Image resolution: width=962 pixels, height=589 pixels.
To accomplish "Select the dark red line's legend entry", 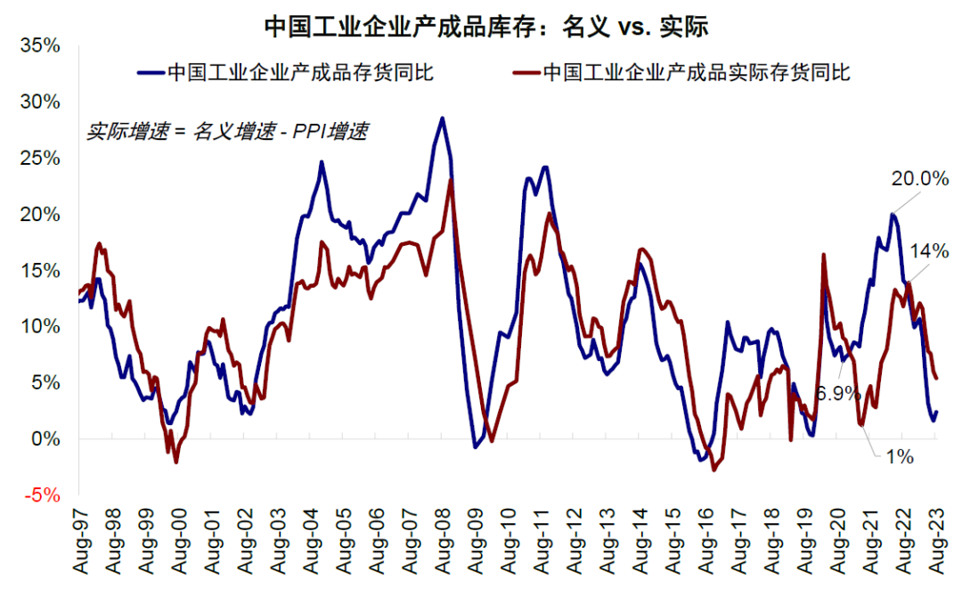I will click(x=685, y=72).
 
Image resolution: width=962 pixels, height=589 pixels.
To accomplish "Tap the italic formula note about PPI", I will click(x=227, y=131).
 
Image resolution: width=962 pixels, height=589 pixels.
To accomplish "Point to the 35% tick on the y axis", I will click(x=40, y=45).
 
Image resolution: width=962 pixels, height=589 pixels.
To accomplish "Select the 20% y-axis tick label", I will click(x=40, y=215).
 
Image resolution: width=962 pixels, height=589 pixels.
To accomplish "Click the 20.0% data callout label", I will click(x=918, y=178).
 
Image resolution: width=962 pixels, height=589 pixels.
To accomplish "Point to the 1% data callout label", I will click(x=900, y=457).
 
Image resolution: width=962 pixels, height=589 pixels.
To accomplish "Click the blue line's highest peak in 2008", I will click(x=442, y=118).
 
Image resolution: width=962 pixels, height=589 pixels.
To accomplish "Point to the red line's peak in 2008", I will click(x=452, y=180).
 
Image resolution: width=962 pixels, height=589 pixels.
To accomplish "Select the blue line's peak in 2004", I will click(x=322, y=161).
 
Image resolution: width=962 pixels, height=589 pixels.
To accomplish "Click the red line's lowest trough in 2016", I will click(x=714, y=470).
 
